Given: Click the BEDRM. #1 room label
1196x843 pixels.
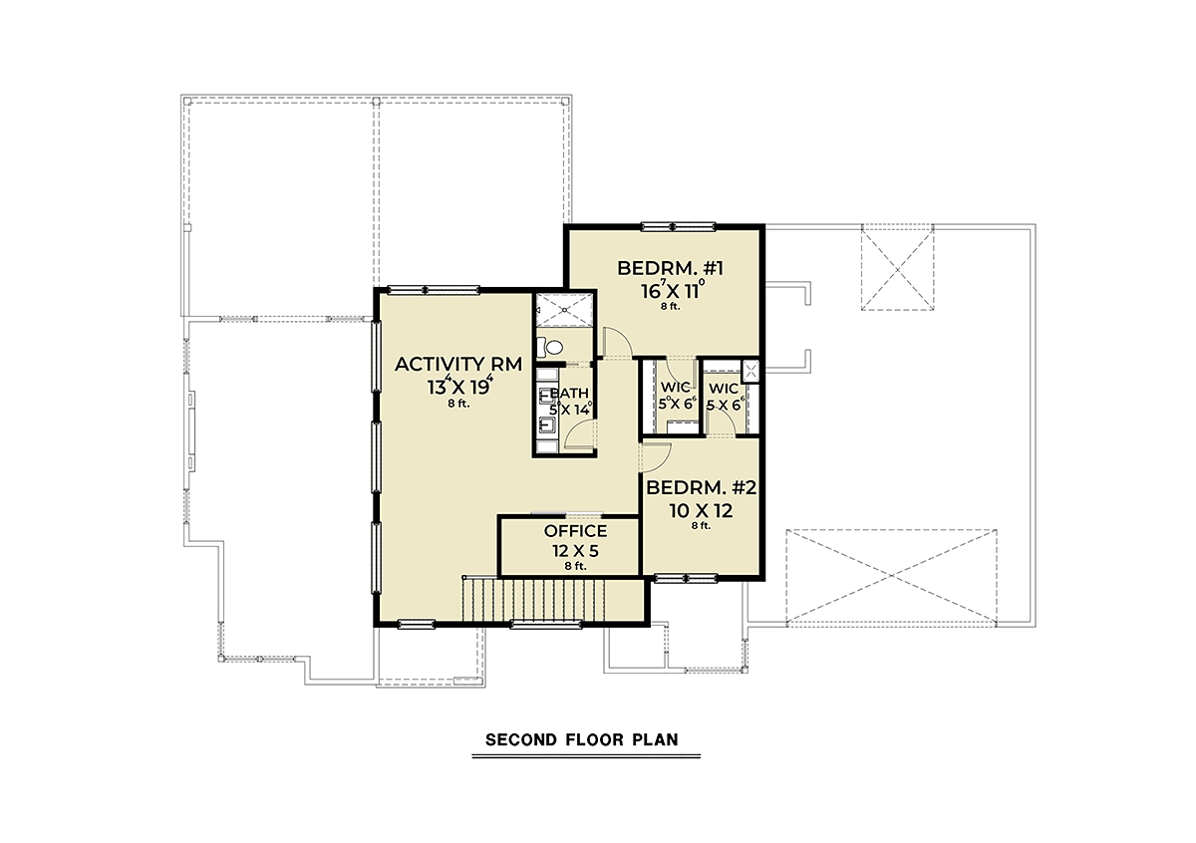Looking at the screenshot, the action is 670,268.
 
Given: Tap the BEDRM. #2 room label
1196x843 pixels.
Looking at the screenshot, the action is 702,487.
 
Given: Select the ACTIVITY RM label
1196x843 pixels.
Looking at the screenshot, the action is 458,364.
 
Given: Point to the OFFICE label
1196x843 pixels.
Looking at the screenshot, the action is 576,531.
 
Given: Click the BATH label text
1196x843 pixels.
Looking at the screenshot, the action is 569,393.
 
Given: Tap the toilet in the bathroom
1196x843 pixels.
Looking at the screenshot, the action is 550,348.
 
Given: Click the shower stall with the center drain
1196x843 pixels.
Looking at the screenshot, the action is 564,309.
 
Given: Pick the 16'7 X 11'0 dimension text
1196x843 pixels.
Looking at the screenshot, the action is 673,290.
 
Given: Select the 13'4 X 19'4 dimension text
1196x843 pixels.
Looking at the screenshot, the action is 459,386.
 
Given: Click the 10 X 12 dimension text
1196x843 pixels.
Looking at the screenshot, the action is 701,511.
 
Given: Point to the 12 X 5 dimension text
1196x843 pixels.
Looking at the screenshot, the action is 576,550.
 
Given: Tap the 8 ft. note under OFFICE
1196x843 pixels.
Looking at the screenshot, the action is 576,566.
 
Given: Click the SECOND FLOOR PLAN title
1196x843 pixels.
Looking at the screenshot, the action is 582,739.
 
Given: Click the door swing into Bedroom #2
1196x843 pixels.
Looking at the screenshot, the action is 656,456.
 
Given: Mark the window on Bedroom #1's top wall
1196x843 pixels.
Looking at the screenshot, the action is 678,227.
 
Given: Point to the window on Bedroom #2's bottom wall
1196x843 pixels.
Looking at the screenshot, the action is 686,578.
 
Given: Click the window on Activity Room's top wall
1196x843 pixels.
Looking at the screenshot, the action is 433,290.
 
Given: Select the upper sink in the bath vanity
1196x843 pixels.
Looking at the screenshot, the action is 547,396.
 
